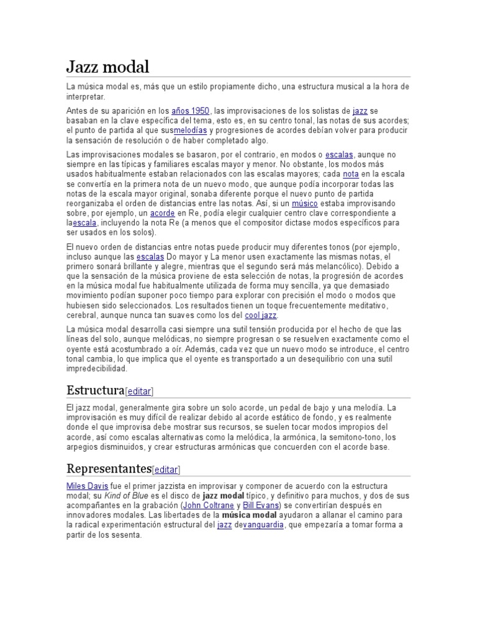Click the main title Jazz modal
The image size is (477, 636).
[107, 66]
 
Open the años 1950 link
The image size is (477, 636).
[191, 111]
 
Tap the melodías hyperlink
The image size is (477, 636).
[191, 130]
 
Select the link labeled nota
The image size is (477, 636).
[351, 174]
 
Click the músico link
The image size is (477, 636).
[304, 204]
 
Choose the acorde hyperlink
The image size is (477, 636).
[162, 213]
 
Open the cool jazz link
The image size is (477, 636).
[261, 316]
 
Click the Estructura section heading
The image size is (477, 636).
[95, 390]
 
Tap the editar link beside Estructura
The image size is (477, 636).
[139, 391]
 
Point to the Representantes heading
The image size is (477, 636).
[109, 468]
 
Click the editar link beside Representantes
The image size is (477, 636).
[166, 470]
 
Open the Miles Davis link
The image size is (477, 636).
[87, 485]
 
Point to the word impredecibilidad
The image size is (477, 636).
[96, 368]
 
